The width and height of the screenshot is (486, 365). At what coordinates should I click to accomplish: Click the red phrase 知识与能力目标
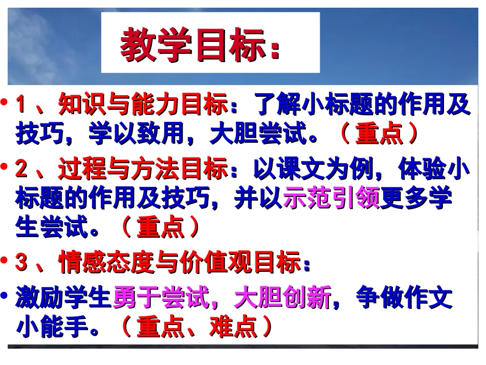click(143, 106)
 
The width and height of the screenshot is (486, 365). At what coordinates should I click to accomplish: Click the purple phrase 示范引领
click(331, 199)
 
